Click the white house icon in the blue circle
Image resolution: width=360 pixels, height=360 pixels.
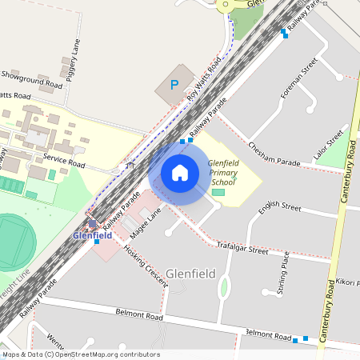pyautogui.click(x=179, y=173)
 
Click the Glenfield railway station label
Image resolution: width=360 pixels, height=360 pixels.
pyautogui.click(x=92, y=235)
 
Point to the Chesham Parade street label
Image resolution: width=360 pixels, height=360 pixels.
pyautogui.click(x=274, y=155)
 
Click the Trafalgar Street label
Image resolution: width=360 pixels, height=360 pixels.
pyautogui.click(x=246, y=250)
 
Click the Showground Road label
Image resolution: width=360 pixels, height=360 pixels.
pyautogui.click(x=31, y=80)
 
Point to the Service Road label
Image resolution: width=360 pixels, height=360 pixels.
pyautogui.click(x=64, y=159)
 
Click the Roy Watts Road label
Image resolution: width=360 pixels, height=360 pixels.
pyautogui.click(x=204, y=80)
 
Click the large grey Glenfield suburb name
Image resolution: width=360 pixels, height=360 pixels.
pyautogui.click(x=191, y=274)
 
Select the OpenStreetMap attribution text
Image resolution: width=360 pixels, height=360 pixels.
pyautogui.click(x=80, y=354)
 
